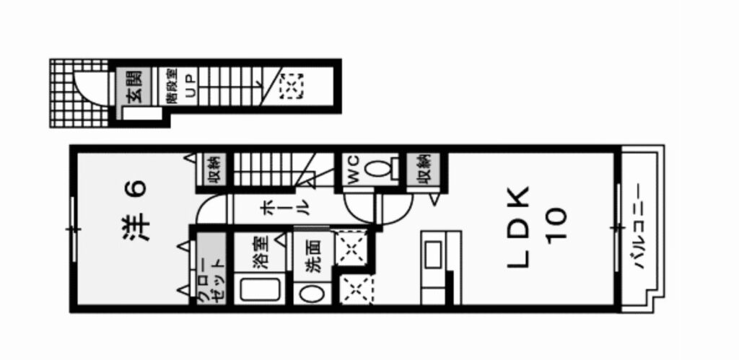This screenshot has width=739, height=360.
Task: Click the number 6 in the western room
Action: point(138,187)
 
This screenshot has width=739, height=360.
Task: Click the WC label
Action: point(354,170)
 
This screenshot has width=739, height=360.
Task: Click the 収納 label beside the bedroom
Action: point(213,170)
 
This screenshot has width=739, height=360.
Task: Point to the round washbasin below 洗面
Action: point(312,294)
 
